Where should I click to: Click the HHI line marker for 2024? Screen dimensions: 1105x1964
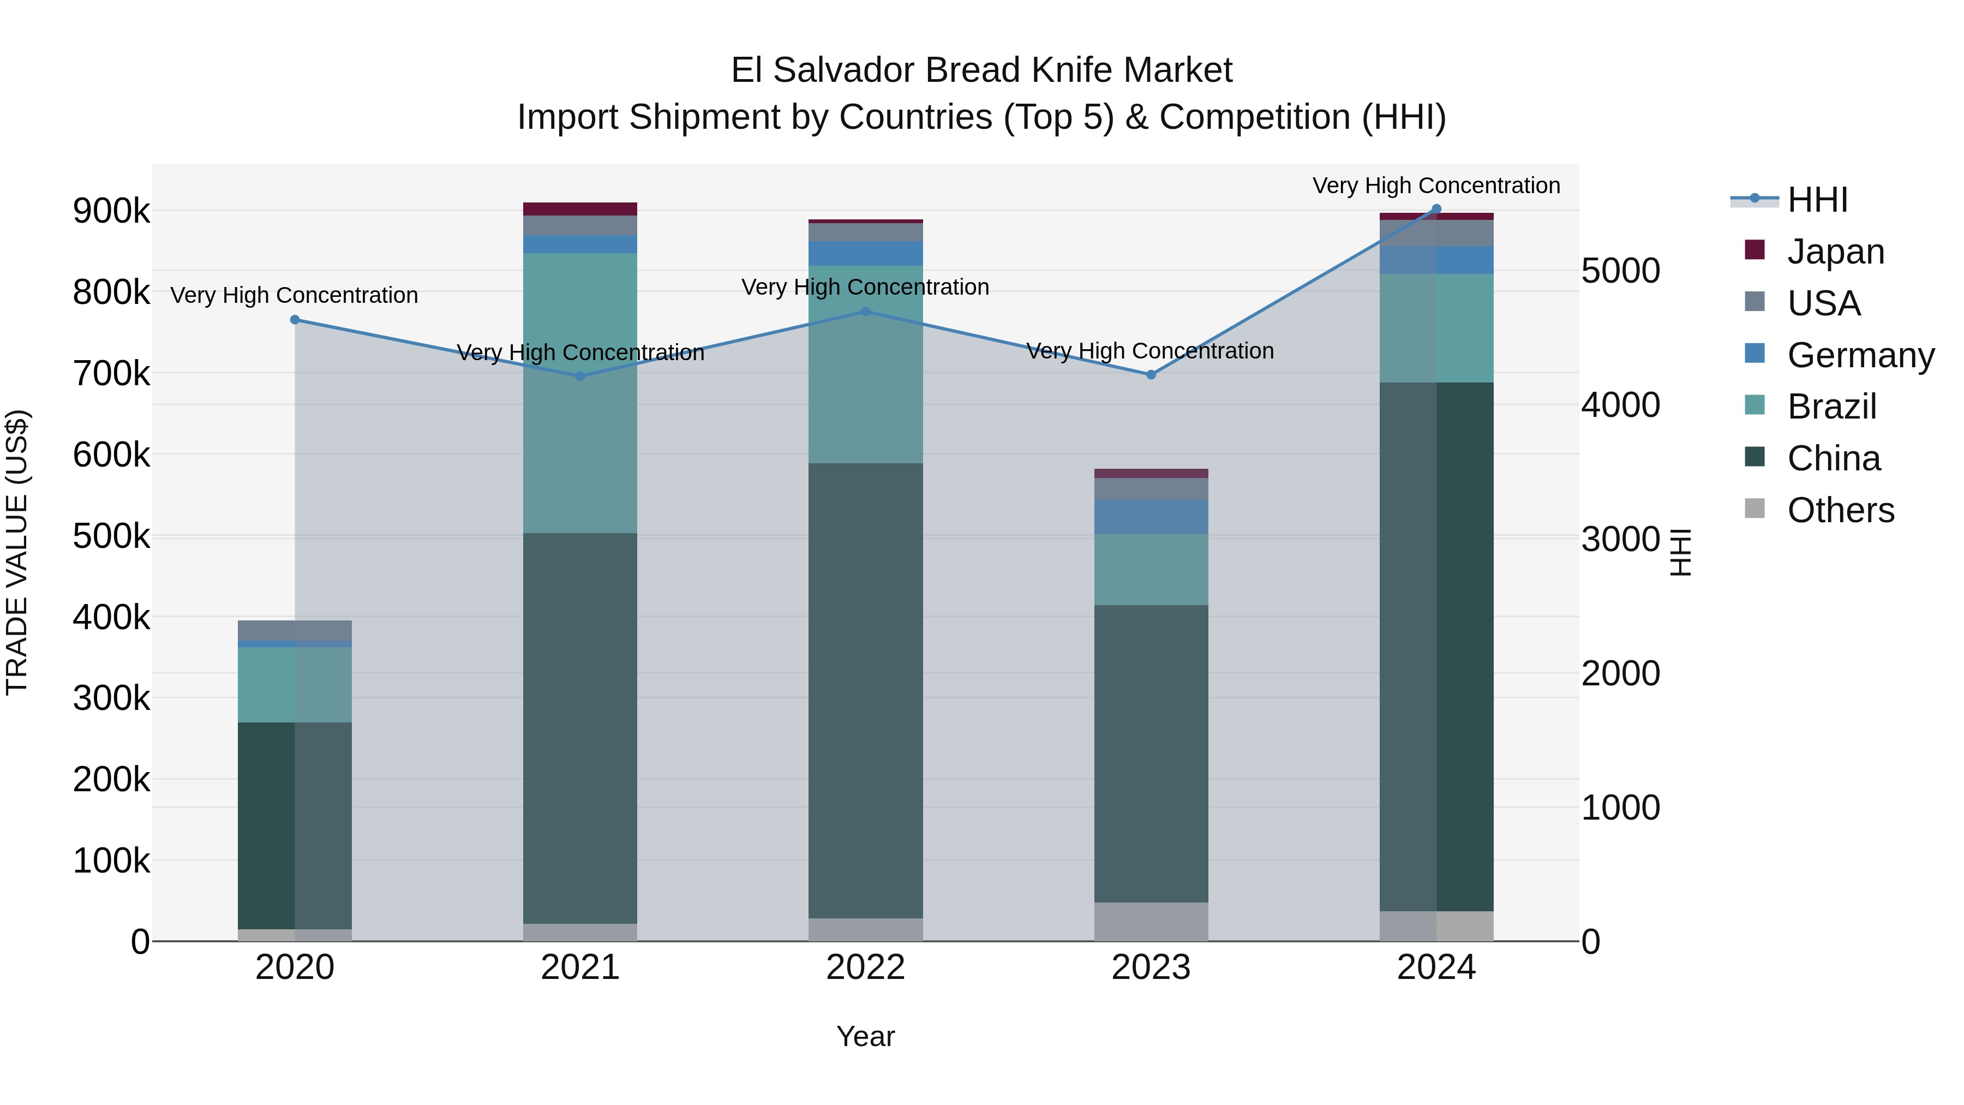point(1436,209)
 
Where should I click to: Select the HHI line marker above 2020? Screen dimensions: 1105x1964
point(295,320)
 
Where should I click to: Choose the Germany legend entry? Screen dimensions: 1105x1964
point(1860,355)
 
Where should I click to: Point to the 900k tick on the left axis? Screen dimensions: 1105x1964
point(111,211)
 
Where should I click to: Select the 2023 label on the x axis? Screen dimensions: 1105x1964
point(1151,967)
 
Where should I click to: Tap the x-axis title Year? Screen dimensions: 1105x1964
point(865,1036)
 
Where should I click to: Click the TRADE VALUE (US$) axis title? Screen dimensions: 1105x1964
point(17,552)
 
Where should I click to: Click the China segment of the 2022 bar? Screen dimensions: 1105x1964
point(865,690)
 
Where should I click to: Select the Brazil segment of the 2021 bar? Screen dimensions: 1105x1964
point(580,393)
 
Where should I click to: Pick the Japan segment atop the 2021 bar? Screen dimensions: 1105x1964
point(580,209)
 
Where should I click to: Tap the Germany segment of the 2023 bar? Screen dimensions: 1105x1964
point(1151,517)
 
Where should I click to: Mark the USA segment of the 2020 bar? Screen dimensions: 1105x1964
point(295,631)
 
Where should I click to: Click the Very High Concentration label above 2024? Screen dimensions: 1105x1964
point(1436,186)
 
